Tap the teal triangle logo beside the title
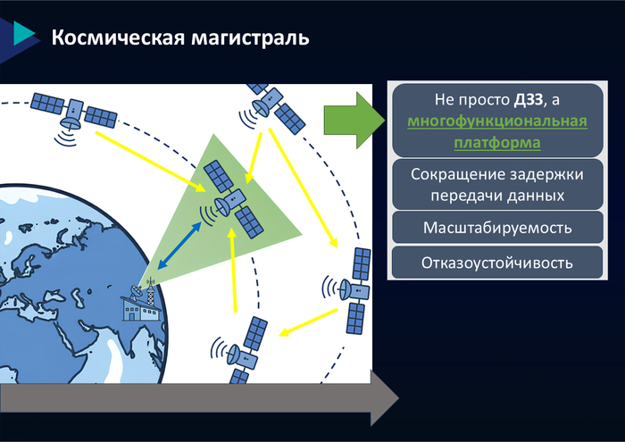click(24, 34)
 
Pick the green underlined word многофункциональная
click(496, 121)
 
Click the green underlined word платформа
click(497, 142)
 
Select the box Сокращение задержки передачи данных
click(496, 184)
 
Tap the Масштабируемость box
click(496, 228)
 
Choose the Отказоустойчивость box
click(496, 263)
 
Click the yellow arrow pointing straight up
click(234, 269)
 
